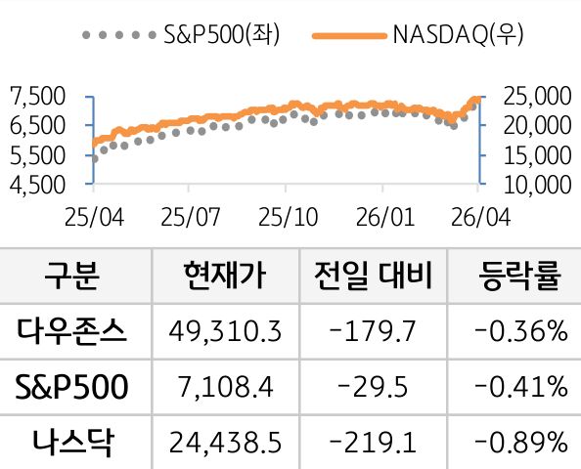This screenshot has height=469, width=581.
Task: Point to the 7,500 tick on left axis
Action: [36, 96]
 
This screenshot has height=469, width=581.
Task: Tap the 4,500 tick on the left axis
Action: [36, 184]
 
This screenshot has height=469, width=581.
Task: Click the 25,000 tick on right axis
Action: [535, 96]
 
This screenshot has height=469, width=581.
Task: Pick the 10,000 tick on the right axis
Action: [535, 184]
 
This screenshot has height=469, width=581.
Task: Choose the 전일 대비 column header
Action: [371, 276]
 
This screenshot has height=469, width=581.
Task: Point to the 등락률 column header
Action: [519, 276]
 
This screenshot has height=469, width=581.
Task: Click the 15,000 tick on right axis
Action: [535, 154]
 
